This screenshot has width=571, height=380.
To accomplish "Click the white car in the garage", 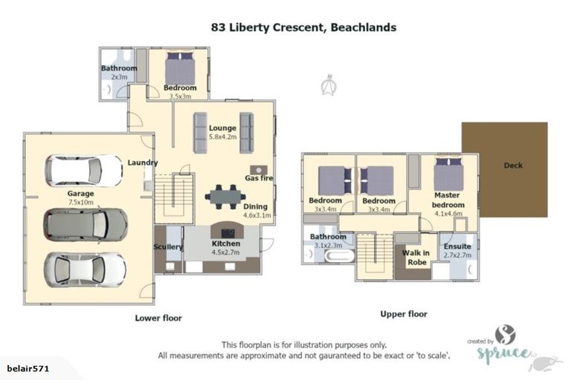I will click(x=83, y=171).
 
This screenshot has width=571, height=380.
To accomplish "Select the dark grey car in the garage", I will click(x=85, y=223).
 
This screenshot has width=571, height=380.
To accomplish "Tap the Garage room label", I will click(x=81, y=194).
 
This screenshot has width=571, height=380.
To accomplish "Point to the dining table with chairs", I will click(x=226, y=197).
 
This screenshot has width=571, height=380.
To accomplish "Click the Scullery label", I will click(x=168, y=246).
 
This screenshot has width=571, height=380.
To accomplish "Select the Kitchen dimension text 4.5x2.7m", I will click(x=225, y=252).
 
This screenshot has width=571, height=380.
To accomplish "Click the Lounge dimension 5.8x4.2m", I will click(x=222, y=137).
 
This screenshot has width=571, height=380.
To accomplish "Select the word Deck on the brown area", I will click(x=513, y=165).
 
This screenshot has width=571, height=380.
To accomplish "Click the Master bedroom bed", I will click(x=448, y=177).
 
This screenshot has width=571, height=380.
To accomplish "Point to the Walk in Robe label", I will click(x=415, y=257).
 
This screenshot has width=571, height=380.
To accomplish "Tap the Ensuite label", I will click(x=457, y=246).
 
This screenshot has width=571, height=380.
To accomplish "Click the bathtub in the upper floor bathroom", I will click(x=338, y=255).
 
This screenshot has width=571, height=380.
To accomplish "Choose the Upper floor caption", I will click(x=404, y=314).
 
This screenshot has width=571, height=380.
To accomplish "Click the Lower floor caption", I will click(x=158, y=318).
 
